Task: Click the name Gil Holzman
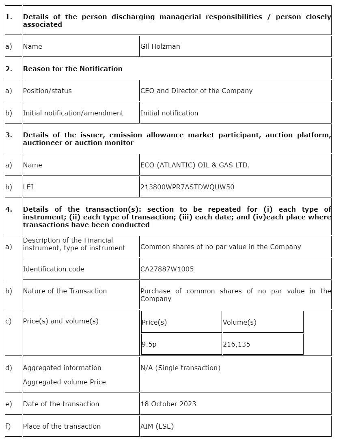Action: click(160, 46)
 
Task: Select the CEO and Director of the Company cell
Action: click(196, 91)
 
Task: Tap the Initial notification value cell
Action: click(169, 113)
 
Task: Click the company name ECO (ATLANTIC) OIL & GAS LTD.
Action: click(195, 165)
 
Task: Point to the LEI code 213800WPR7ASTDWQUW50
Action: click(187, 187)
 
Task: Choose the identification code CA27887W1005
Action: click(167, 269)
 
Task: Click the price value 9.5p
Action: click(149, 344)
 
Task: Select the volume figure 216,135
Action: click(236, 344)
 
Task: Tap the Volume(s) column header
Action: click(239, 322)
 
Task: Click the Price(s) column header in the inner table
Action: click(154, 322)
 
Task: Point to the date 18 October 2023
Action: click(168, 404)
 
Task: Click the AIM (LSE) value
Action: click(157, 426)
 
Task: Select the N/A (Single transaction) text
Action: click(180, 368)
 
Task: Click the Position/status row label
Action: click(47, 91)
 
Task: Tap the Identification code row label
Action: click(54, 269)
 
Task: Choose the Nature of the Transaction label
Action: click(65, 291)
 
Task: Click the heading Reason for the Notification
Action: click(73, 69)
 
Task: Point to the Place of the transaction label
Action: click(62, 426)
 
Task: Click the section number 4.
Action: click(9, 209)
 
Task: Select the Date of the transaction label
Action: click(61, 404)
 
